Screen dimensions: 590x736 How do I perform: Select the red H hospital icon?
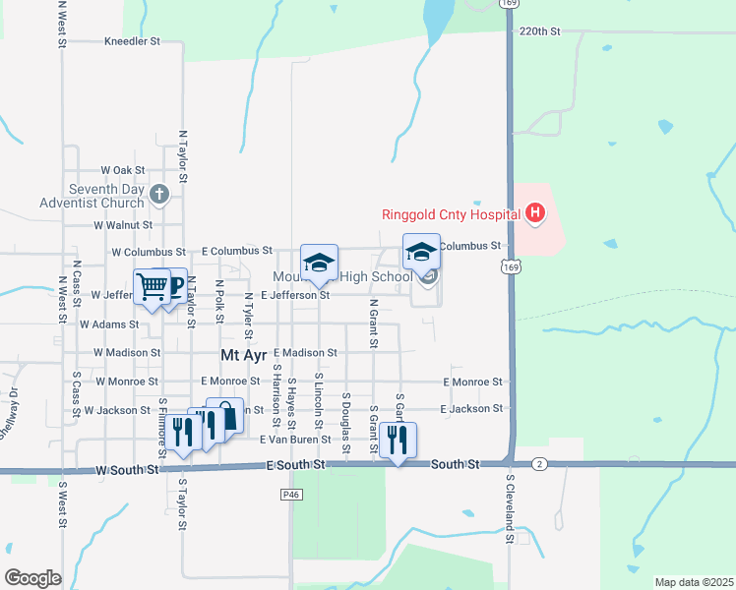(534, 212)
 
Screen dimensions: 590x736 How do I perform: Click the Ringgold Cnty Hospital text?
(451, 214)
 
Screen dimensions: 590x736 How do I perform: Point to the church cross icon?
(161, 195)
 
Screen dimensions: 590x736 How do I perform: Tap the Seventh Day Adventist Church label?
(107, 197)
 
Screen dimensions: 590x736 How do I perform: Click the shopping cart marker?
(153, 286)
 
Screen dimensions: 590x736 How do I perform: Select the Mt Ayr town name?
(243, 352)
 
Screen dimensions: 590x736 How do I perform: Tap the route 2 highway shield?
(538, 462)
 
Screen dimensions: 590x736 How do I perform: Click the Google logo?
(32, 578)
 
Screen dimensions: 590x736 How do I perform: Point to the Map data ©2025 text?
(693, 582)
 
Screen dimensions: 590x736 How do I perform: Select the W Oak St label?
(121, 170)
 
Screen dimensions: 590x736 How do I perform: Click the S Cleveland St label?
(510, 509)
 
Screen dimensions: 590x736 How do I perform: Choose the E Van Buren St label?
(295, 440)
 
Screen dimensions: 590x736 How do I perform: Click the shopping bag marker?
(224, 415)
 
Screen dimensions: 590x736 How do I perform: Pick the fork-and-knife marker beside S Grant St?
(398, 440)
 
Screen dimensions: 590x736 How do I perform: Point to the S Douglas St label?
(345, 423)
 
